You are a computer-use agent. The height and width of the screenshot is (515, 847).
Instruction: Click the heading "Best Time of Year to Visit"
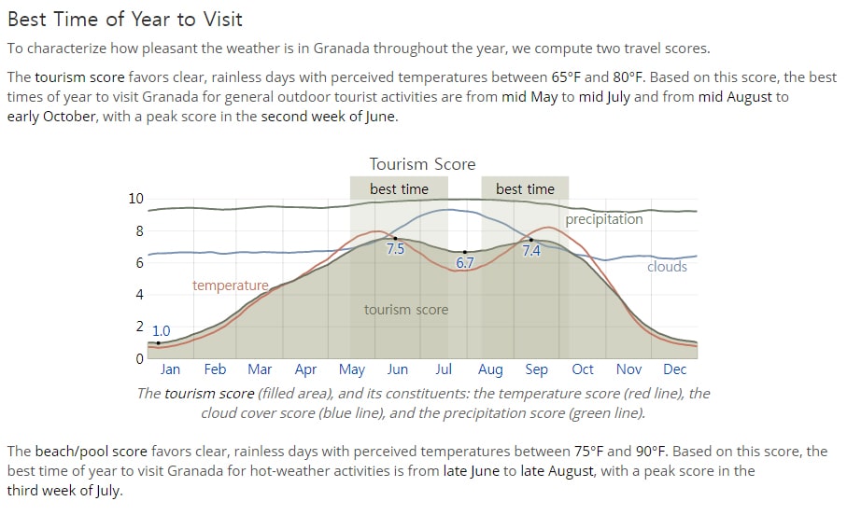click(x=125, y=20)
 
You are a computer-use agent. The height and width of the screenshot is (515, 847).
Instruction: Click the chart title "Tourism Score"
click(x=422, y=164)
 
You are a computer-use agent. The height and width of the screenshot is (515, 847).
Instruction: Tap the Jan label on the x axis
click(x=170, y=369)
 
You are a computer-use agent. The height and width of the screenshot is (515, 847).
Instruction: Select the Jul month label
click(x=444, y=369)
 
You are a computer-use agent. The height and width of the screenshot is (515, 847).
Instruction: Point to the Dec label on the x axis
click(x=674, y=369)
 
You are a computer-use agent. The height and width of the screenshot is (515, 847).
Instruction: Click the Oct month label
click(x=583, y=369)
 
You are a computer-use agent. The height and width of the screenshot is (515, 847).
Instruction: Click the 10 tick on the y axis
click(x=136, y=199)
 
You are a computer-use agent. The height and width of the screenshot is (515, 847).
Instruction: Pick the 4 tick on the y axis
click(x=140, y=295)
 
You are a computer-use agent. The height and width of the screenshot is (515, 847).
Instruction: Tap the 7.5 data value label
click(x=395, y=249)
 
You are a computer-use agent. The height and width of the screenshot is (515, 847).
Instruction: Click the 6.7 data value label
click(x=465, y=263)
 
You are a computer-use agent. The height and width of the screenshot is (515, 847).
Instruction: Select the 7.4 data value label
click(x=531, y=250)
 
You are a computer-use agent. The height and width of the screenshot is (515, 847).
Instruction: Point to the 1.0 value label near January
click(x=161, y=331)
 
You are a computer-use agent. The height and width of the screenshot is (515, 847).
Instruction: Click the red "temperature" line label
click(x=231, y=285)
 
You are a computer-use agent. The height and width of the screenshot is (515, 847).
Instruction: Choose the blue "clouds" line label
click(x=667, y=267)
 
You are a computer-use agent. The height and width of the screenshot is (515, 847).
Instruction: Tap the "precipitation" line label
click(x=604, y=219)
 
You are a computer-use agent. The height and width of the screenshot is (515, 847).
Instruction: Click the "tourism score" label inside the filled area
click(x=406, y=310)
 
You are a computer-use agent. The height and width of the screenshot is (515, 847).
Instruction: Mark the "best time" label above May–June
click(x=399, y=189)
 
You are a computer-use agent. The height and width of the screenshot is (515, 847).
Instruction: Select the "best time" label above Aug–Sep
click(x=525, y=189)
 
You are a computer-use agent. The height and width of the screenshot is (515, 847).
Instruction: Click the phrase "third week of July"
click(x=64, y=491)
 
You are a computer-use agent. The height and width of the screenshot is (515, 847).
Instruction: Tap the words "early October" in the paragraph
click(x=51, y=117)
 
